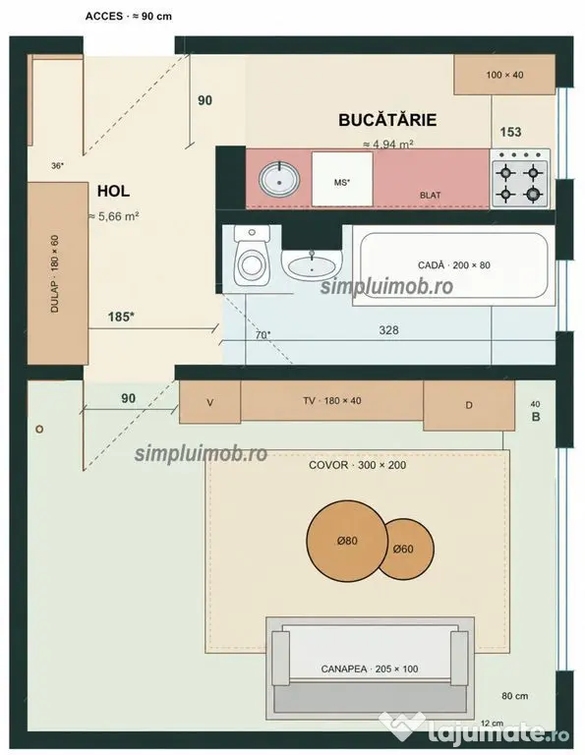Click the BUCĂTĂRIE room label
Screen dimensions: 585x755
387,119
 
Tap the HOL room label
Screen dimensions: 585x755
113,191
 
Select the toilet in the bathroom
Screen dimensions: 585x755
252,256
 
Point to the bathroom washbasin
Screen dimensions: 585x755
312,265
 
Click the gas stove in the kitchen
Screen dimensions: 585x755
519,178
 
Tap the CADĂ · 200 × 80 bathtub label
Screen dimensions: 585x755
454,265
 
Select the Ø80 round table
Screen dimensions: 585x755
347,542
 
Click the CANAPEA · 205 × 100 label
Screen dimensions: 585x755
370,668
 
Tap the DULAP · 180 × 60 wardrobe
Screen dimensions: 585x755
57,273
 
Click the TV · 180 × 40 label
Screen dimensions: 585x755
332,401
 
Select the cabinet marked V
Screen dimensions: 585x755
210,402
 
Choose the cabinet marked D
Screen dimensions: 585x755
469,405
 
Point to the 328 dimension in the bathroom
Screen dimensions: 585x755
388,330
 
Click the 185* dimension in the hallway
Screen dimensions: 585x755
121,317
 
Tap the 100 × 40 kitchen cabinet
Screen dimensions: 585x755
504,75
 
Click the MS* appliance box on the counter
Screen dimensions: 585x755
342,179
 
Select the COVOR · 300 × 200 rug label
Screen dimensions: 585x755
357,465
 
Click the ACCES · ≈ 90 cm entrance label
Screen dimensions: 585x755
129,17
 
